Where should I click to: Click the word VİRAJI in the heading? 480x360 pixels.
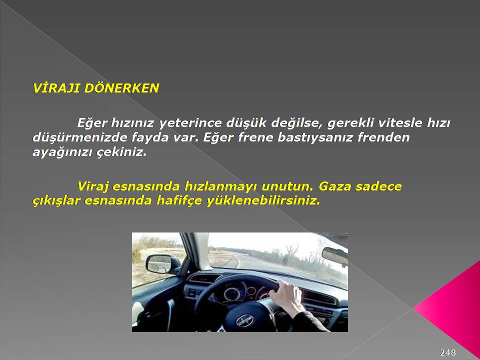[56, 88]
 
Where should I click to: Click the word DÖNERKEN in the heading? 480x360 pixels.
[121, 87]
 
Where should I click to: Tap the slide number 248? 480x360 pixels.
[448, 352]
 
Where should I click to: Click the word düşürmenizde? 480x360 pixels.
[79, 137]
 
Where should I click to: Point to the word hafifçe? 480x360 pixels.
[179, 201]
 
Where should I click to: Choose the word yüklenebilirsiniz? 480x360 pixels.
[263, 201]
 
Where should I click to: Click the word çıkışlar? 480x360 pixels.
[56, 201]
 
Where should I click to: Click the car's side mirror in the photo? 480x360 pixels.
[162, 264]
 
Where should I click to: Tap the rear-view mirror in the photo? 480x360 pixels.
[334, 255]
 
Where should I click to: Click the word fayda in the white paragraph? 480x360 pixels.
[150, 137]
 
